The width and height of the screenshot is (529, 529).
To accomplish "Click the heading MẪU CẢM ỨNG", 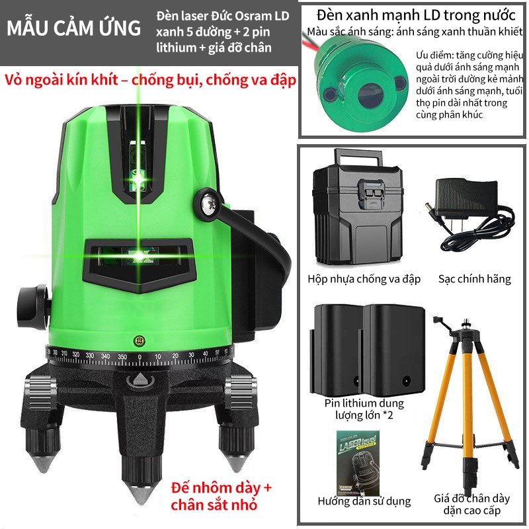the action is [73, 28].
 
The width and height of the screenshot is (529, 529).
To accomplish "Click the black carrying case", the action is [358, 207].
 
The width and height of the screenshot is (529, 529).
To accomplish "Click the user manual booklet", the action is [358, 463].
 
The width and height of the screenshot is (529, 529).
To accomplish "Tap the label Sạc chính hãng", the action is [474, 279].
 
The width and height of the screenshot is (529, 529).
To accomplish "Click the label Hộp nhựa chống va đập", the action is [364, 279].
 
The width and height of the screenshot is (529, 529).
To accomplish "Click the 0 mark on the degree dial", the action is [140, 357].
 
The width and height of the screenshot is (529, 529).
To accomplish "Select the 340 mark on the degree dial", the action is [105, 356].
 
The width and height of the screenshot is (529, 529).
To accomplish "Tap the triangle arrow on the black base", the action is [140, 379].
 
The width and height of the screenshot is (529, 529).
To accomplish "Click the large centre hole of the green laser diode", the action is [370, 95].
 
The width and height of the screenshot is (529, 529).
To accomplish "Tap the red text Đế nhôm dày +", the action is [221, 488].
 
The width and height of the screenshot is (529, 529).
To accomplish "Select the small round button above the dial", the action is [139, 341].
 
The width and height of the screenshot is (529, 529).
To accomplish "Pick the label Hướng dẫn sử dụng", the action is [364, 501].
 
